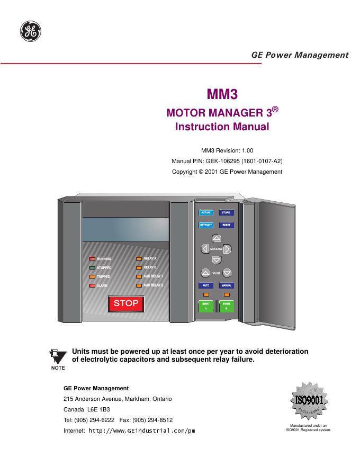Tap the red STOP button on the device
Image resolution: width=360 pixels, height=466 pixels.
click(x=126, y=303)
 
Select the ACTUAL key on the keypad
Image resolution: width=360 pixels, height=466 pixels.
click(x=205, y=213)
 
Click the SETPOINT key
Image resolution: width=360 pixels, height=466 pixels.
click(x=205, y=225)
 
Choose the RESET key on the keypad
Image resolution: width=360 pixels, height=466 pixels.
click(x=226, y=225)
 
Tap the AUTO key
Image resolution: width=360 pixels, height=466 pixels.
click(x=205, y=285)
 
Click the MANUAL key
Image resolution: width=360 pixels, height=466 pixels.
click(x=227, y=285)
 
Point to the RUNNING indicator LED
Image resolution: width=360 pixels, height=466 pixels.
click(x=92, y=259)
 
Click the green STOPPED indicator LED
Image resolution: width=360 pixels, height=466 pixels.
click(x=92, y=268)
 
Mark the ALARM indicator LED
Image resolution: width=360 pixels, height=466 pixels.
click(x=92, y=286)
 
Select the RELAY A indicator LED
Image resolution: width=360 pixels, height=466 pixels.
click(x=139, y=258)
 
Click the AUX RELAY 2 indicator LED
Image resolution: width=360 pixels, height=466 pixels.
click(x=139, y=285)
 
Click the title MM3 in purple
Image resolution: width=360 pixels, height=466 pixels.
click(x=222, y=95)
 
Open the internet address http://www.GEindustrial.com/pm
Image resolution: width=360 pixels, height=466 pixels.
click(x=141, y=431)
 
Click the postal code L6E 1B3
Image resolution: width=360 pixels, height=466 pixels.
click(x=97, y=409)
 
